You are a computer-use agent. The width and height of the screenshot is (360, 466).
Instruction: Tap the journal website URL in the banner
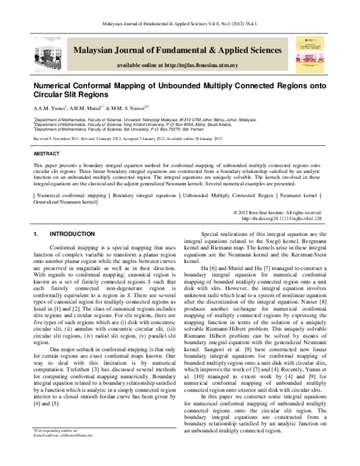point(178,65)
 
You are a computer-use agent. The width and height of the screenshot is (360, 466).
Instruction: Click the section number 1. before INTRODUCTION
point(36,234)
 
